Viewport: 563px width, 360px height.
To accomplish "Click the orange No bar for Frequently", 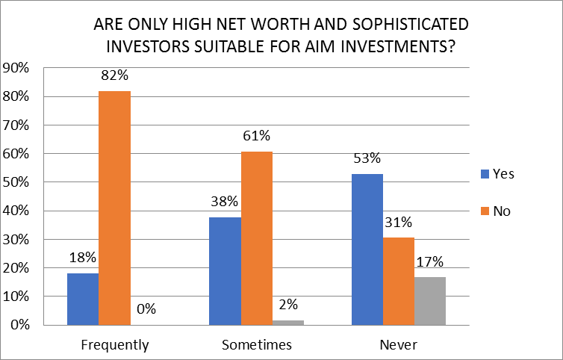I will click(x=114, y=208).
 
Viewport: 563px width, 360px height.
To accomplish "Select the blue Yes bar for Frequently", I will click(x=82, y=299).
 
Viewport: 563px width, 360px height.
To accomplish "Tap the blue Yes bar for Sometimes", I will click(x=225, y=270).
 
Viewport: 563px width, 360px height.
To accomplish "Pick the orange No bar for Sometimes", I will click(x=257, y=238).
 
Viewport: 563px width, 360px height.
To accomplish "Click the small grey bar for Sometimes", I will click(x=288, y=322).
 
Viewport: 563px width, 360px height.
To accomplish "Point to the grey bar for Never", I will click(x=430, y=300).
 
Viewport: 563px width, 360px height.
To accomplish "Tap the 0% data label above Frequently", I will click(x=146, y=308).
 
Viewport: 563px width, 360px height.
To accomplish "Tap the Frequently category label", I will click(x=114, y=345).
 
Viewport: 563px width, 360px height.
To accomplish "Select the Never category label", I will click(x=398, y=345).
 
